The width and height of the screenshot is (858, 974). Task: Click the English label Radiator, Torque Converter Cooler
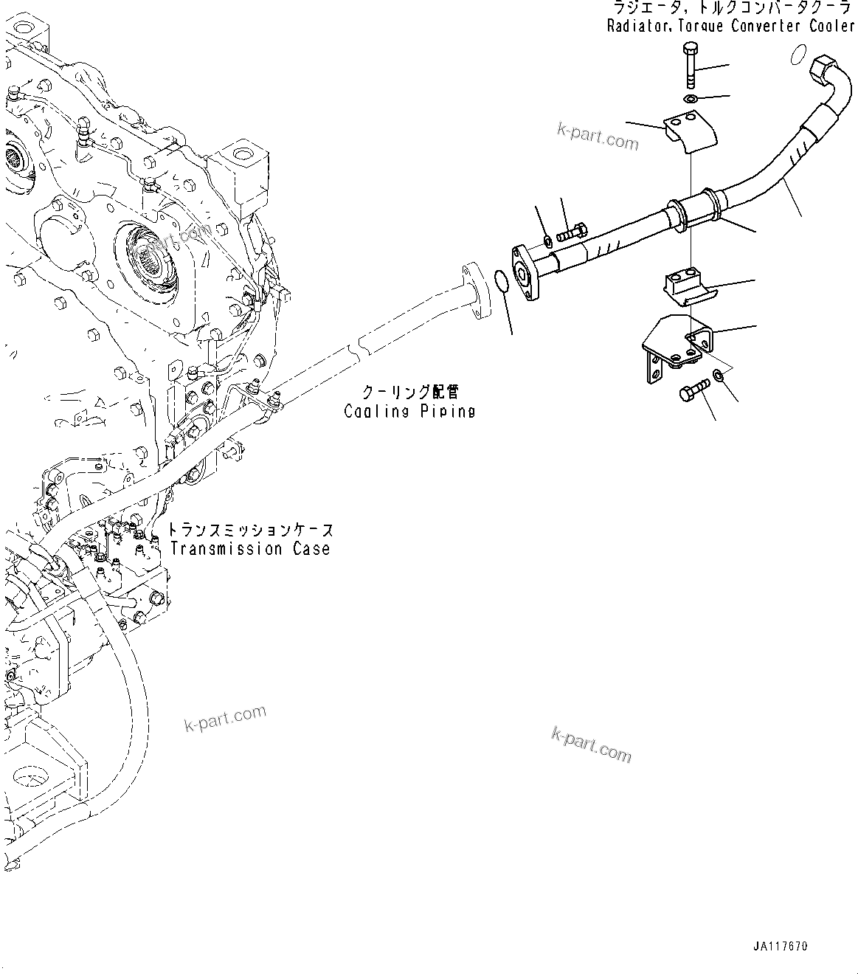pos(730,27)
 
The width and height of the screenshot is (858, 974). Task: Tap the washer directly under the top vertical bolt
pos(690,100)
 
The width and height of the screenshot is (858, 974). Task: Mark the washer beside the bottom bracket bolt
pos(719,377)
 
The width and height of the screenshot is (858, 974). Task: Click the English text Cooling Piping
pos(409,411)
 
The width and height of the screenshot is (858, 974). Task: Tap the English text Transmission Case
pos(249,549)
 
